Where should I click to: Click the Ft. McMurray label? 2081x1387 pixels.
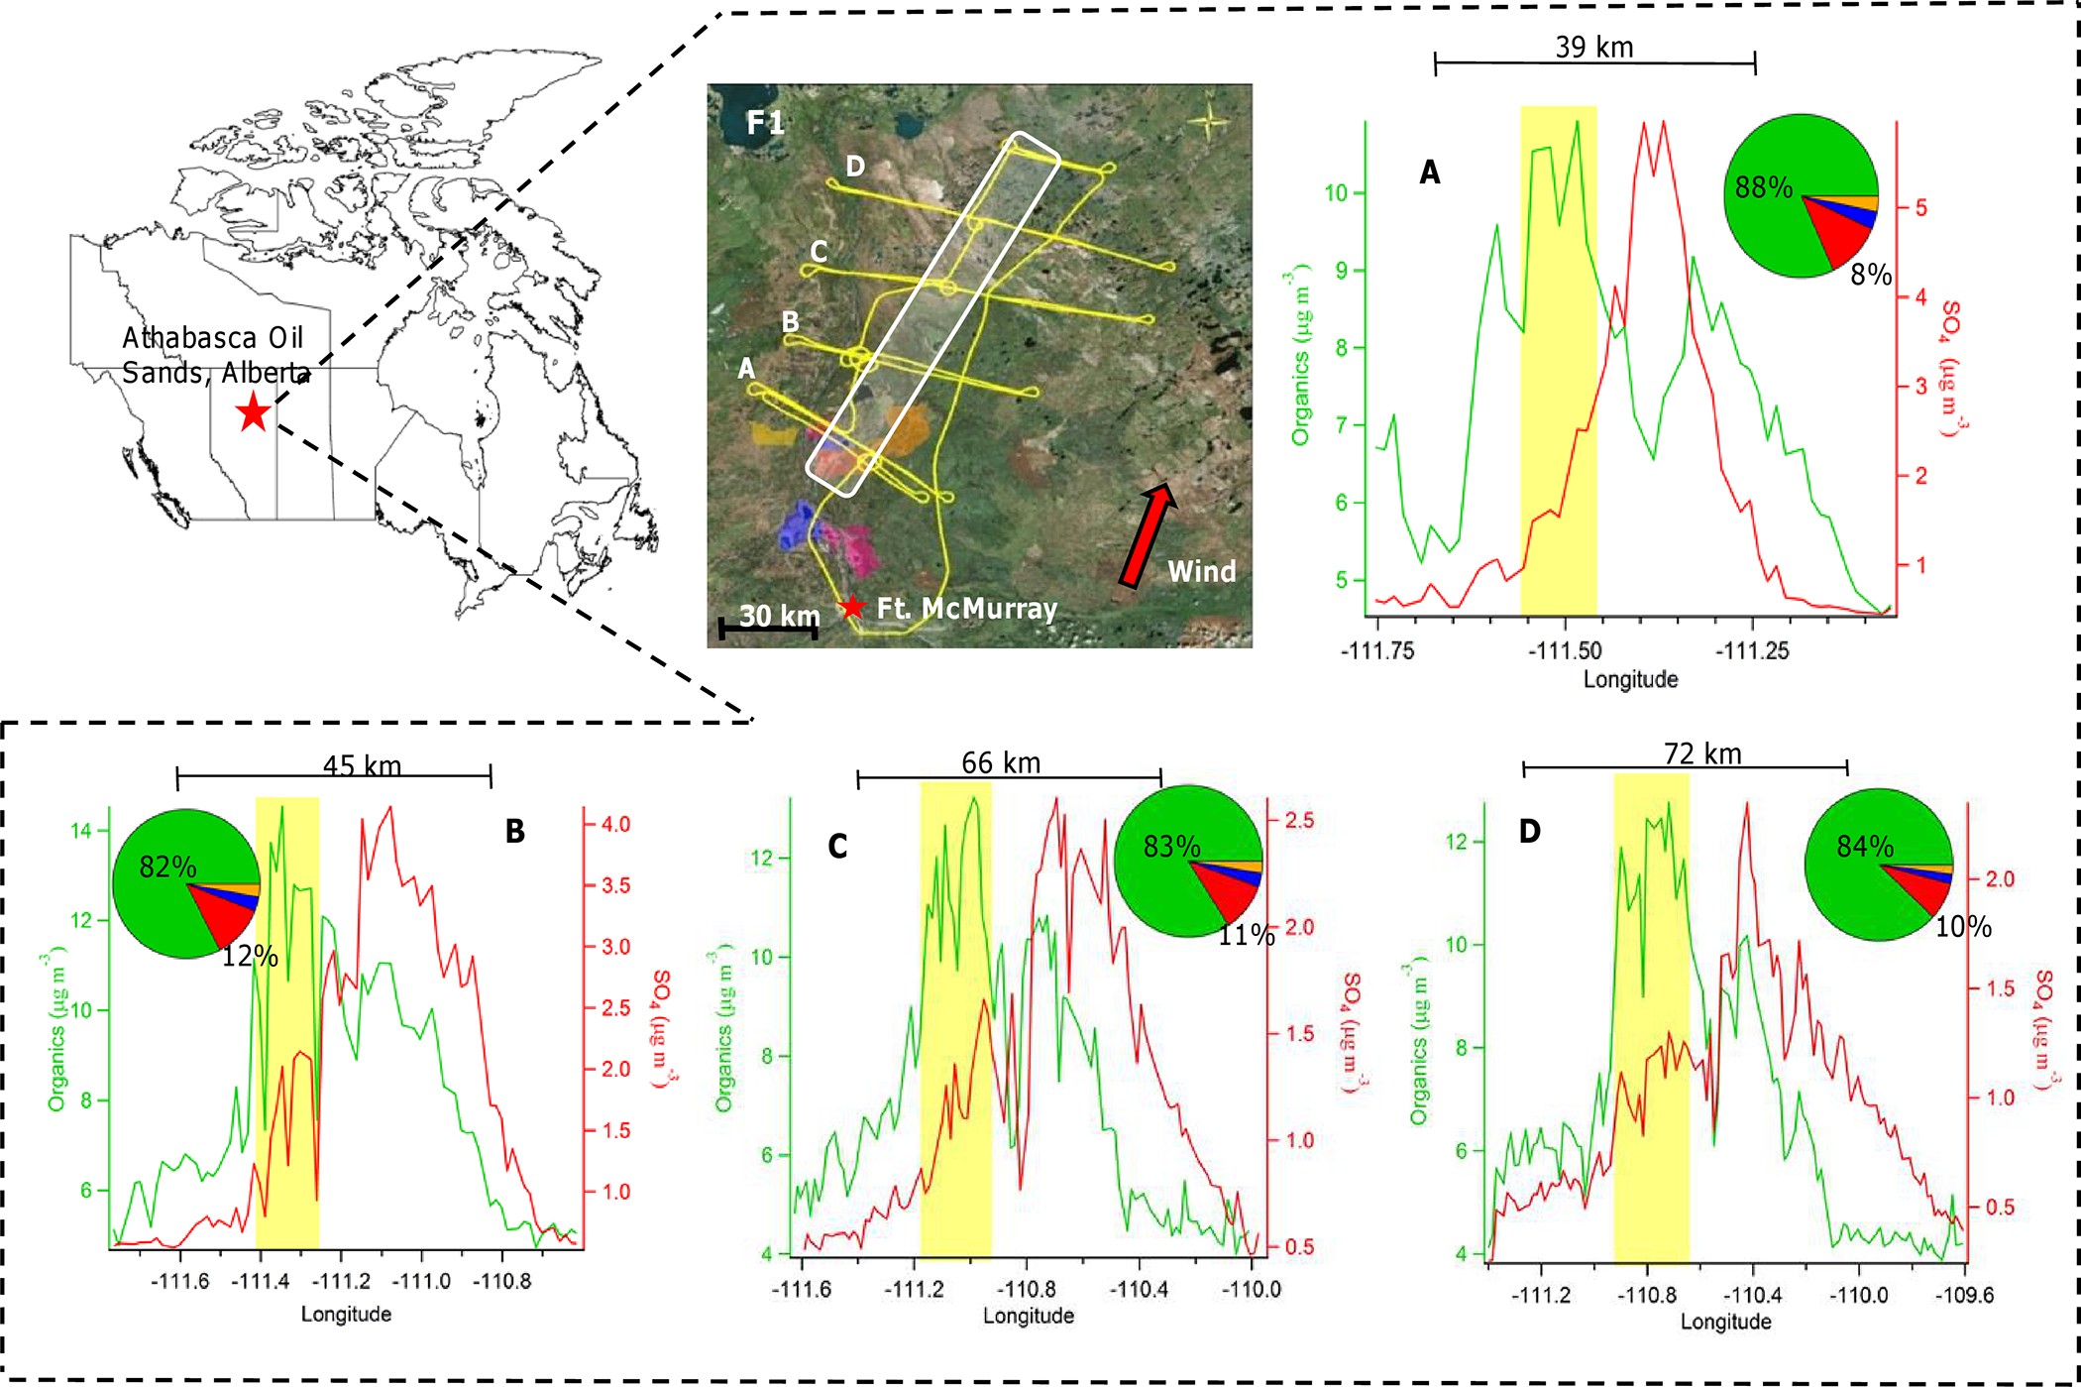(966, 608)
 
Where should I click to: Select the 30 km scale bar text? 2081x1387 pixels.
(779, 616)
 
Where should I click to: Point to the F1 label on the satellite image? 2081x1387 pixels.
(765, 123)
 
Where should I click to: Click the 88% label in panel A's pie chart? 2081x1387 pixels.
(1763, 187)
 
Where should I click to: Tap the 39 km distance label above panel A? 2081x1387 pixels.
(1593, 47)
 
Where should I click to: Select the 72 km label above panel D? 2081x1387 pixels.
(1701, 754)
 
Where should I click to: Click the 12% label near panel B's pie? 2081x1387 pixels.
(249, 956)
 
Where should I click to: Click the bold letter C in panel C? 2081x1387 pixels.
(837, 847)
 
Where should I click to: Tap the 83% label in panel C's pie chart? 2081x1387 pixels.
(1171, 846)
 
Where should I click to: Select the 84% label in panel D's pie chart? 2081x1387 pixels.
(1864, 846)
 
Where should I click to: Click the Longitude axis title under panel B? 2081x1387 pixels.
(346, 1315)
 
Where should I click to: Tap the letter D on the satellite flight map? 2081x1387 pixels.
(855, 167)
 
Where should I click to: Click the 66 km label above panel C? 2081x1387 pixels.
(1001, 763)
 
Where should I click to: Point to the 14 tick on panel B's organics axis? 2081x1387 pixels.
(81, 831)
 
